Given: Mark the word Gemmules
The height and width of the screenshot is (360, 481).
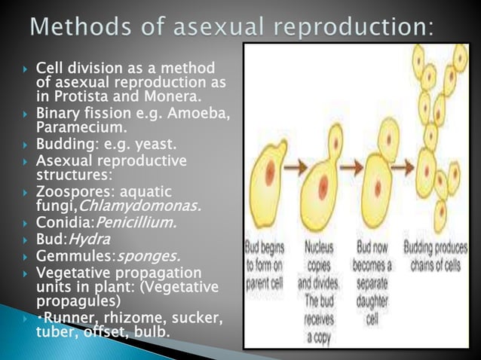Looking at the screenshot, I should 63,256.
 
